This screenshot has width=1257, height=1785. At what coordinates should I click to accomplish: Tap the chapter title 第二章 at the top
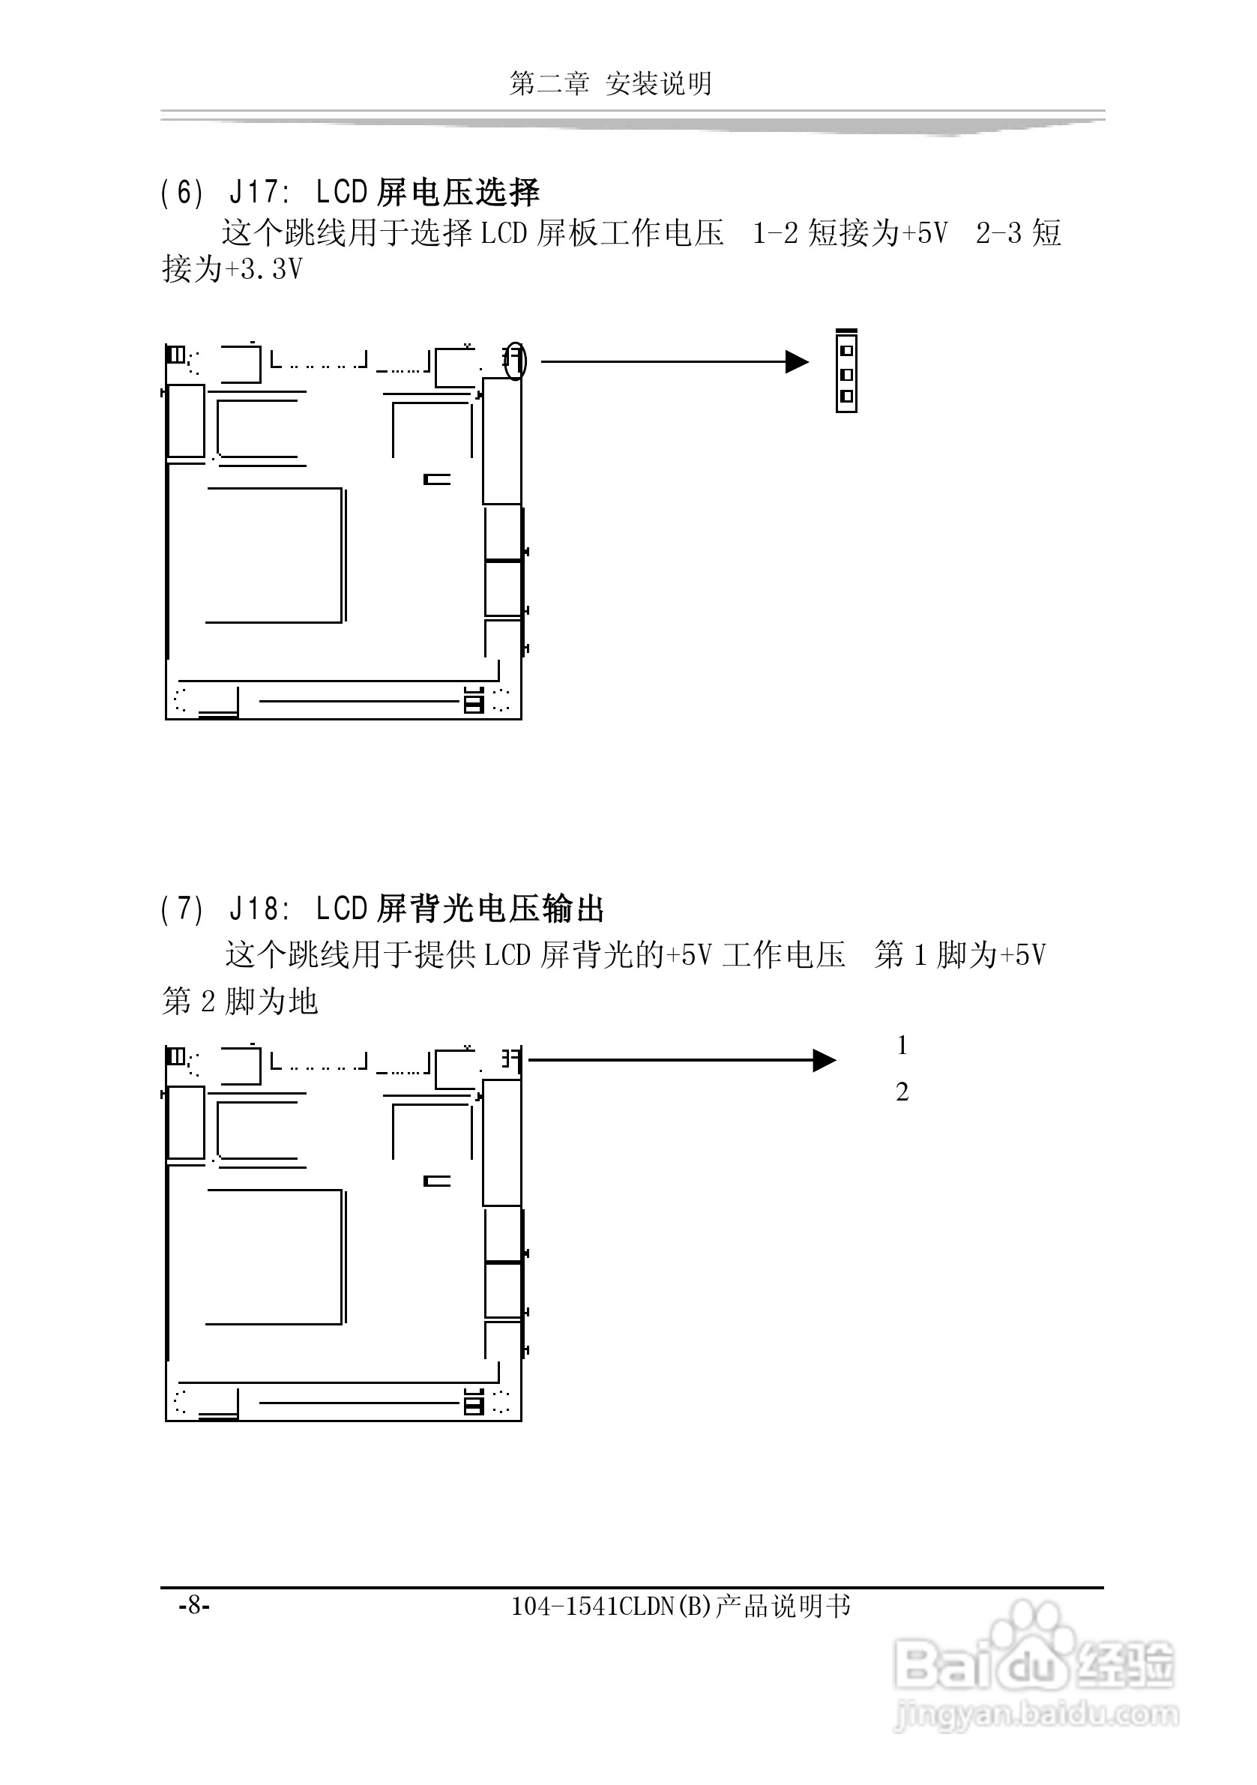coord(549,83)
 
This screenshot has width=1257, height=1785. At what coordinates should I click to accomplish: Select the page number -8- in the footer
coord(193,1604)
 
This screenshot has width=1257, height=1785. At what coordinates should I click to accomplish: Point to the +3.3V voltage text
coord(263,269)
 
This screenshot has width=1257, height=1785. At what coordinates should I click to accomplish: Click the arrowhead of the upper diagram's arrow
coord(798,361)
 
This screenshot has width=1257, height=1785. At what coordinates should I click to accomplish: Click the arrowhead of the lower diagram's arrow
coord(824,1060)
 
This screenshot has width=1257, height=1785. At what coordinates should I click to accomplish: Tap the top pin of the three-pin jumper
coord(846,351)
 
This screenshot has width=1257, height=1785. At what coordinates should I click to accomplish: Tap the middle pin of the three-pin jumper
coord(846,375)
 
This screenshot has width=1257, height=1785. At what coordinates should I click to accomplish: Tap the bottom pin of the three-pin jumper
coord(846,397)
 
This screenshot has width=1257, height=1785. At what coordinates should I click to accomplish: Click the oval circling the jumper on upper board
coord(515,361)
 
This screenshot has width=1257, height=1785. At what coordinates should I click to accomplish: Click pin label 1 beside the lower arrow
coord(902,1046)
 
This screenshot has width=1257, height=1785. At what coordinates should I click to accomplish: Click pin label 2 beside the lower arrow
coord(902,1092)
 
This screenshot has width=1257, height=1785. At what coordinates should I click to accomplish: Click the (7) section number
coord(181,908)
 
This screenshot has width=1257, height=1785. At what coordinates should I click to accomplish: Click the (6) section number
coord(181,192)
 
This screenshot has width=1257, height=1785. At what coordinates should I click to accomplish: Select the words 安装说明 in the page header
coord(658,83)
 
